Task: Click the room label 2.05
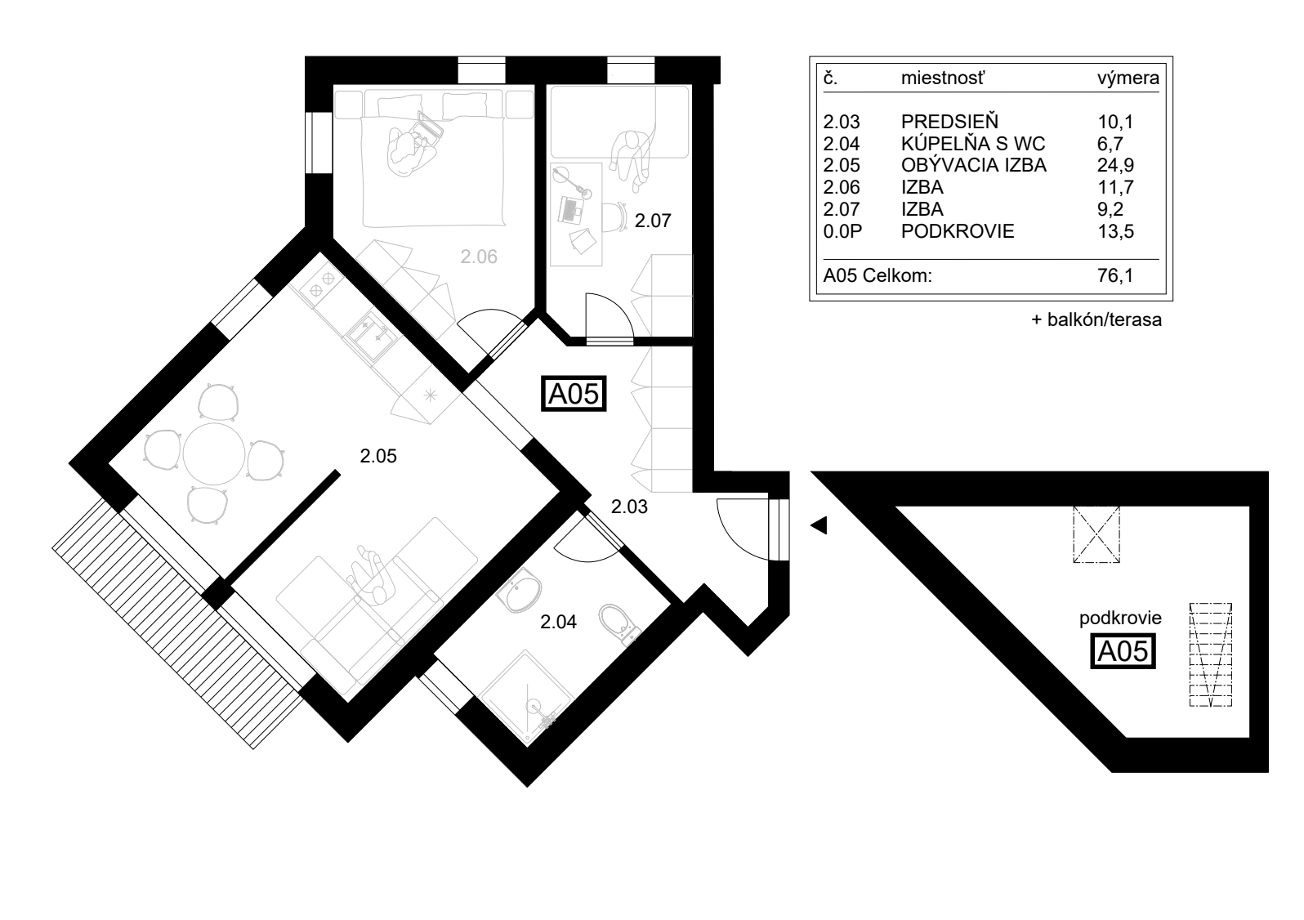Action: pos(378,456)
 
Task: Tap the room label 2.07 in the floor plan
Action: pos(653,221)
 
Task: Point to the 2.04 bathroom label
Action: pos(558,622)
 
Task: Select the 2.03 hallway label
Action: pos(629,507)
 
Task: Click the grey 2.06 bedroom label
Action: pos(479,257)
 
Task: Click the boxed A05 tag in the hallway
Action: pos(574,394)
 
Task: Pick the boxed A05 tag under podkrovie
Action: pos(1123,651)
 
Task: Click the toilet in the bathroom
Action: pos(619,624)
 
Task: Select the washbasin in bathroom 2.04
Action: pos(520,591)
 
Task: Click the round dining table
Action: pos(214,453)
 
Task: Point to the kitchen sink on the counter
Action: pos(371,336)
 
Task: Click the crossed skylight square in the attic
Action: pos(1096,534)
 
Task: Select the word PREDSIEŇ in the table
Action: pos(949,122)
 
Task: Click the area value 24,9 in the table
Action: pos(1115,165)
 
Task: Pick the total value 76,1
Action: pos(1115,275)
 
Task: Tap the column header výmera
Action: pos(1128,78)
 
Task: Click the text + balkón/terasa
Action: pos(1096,319)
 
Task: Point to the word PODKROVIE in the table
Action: pos(958,231)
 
